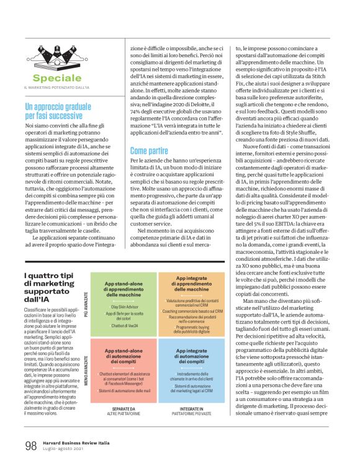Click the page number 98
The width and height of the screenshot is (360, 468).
tap(30, 446)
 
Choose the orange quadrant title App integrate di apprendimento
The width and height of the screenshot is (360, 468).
tap(192, 284)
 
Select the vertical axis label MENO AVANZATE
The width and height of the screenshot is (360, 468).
tap(87, 370)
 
